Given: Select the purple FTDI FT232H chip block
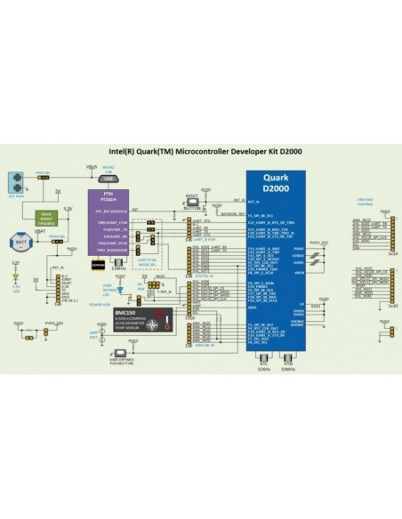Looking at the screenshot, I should (x=110, y=221).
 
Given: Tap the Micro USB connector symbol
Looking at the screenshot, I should (x=108, y=178).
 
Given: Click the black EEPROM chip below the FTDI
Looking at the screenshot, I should (x=99, y=265).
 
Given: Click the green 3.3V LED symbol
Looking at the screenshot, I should (x=15, y=276).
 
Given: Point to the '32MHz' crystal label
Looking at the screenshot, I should (x=119, y=268).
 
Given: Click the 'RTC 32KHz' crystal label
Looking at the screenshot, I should (x=263, y=366).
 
